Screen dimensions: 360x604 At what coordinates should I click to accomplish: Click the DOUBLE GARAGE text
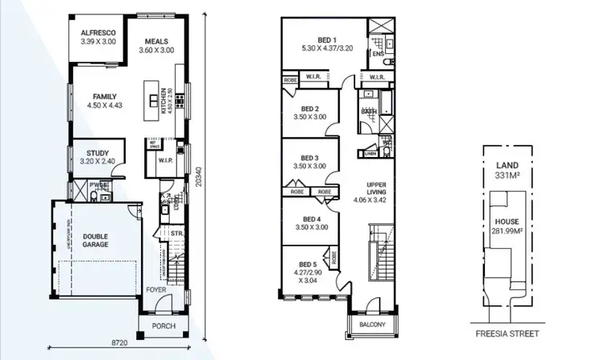pyautogui.click(x=95, y=240)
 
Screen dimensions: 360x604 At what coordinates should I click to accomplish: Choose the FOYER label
pyautogui.click(x=156, y=288)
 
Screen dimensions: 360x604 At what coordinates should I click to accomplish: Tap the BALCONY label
pyautogui.click(x=370, y=325)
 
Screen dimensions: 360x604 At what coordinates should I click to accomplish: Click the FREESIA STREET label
pyautogui.click(x=507, y=333)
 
